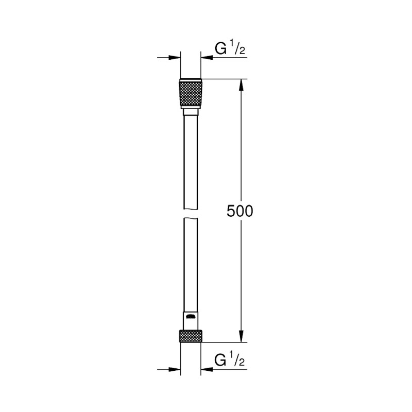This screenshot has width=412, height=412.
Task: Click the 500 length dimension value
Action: [x=241, y=211]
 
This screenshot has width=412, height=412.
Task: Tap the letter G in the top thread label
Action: [x=220, y=50]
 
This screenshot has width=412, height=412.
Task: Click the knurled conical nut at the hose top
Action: [x=191, y=94]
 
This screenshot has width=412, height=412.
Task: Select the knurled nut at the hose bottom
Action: [x=191, y=335]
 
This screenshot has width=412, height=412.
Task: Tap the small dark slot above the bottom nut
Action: [x=191, y=315]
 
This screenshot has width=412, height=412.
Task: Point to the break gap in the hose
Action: [x=191, y=213]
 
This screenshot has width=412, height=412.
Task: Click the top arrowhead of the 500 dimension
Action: [x=241, y=84]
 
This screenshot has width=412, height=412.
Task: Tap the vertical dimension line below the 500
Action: [x=241, y=278]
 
